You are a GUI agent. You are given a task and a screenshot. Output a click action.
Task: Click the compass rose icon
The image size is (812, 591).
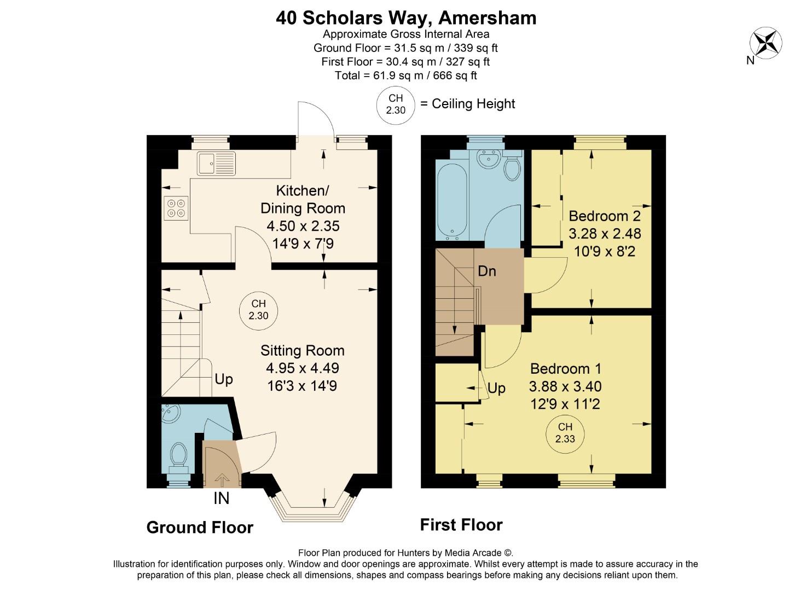click(765, 42)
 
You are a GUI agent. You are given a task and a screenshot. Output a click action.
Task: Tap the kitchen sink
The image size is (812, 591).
click(217, 164)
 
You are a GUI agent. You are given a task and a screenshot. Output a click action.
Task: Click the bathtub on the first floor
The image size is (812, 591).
click(452, 200)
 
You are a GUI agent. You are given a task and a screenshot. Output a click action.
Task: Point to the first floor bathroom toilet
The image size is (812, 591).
click(512, 168)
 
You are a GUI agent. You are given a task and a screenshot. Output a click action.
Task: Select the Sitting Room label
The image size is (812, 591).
click(302, 350)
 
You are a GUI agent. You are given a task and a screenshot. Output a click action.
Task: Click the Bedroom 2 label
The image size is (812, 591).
click(605, 215)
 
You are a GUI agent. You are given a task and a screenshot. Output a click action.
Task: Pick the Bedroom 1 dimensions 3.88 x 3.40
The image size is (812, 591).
click(565, 386)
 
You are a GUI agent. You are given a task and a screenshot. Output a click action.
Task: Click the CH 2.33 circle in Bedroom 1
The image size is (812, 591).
click(565, 433)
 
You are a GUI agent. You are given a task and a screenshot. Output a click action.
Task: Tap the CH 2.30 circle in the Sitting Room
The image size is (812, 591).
click(258, 310)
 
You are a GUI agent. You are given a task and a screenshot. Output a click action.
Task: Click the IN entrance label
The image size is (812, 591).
click(221, 499)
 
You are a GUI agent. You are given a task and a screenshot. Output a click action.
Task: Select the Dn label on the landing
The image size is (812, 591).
click(487, 271)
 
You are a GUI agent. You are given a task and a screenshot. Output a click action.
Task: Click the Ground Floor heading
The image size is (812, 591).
click(200, 528)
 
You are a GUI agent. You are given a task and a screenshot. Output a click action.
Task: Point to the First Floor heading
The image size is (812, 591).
click(461, 525)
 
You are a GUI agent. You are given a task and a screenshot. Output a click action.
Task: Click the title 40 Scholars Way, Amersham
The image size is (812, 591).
click(406, 18)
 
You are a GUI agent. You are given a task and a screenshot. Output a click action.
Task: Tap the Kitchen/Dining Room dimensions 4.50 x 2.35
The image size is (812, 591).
click(303, 225)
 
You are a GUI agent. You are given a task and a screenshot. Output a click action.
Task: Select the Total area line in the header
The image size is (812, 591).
click(406, 76)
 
